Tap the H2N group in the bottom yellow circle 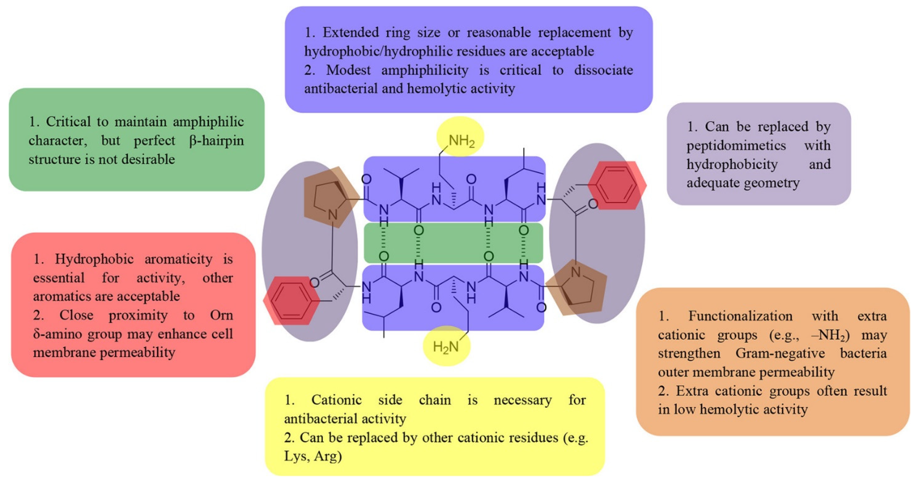(445, 346)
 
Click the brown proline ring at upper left (329, 200)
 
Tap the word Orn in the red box (221, 315)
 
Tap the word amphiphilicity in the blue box (425, 70)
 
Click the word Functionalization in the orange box (740, 315)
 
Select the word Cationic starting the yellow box (337, 400)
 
